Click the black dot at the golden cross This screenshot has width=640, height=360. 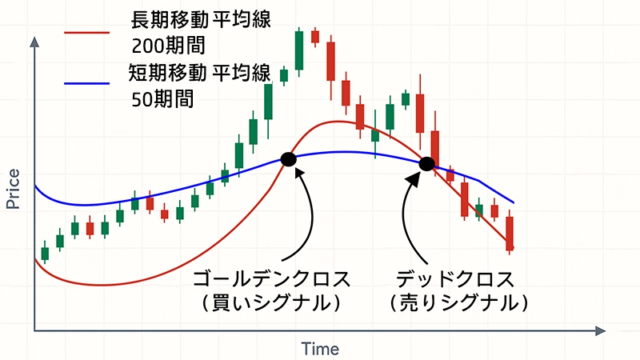289,159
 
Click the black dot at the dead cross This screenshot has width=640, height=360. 427,164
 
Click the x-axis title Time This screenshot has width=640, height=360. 320,349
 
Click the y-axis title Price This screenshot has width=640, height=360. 14,190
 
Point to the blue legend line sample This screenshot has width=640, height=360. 86,82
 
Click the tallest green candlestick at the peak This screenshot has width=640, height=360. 299,50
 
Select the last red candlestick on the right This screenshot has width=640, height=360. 509,233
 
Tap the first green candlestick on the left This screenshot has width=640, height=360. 45,253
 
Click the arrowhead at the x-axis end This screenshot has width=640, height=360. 599,330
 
